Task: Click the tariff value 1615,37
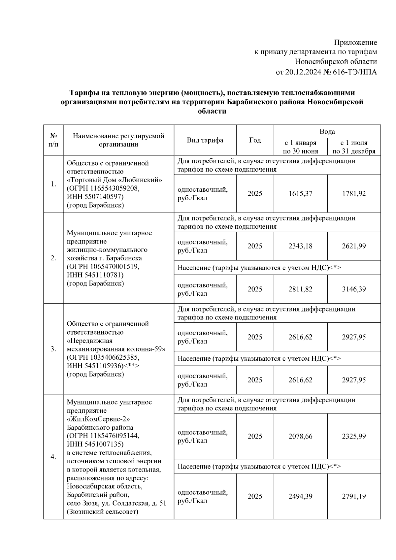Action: (300, 194)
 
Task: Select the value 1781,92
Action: (354, 194)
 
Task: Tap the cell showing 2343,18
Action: (300, 246)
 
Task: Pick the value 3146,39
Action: (354, 289)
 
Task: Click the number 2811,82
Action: (300, 289)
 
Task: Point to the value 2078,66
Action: (300, 436)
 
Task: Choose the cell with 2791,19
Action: (354, 496)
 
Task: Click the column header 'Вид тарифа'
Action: (205, 140)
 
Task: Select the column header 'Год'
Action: (255, 140)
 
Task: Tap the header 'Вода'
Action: (327, 132)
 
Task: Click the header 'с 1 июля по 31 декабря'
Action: (354, 147)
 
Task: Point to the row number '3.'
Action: (53, 349)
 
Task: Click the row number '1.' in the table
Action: (53, 184)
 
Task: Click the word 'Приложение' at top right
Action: (355, 43)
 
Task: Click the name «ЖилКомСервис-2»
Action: (98, 419)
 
